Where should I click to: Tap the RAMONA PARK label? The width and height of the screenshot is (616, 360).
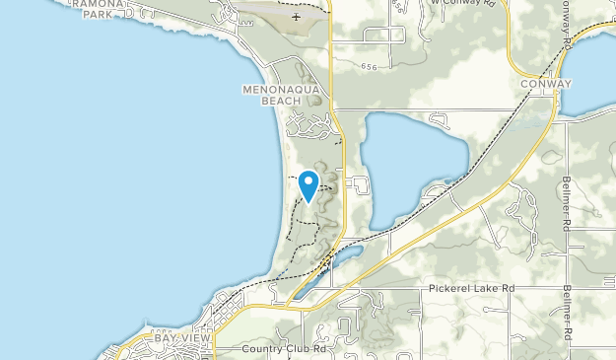pyautogui.click(x=103, y=9)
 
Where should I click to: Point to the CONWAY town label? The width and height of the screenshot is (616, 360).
pyautogui.click(x=545, y=85)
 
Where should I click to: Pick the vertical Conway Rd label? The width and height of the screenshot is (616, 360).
pyautogui.click(x=569, y=25)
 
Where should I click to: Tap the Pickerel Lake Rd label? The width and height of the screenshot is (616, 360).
pyautogui.click(x=472, y=289)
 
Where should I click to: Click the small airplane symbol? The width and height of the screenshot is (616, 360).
pyautogui.click(x=297, y=17)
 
